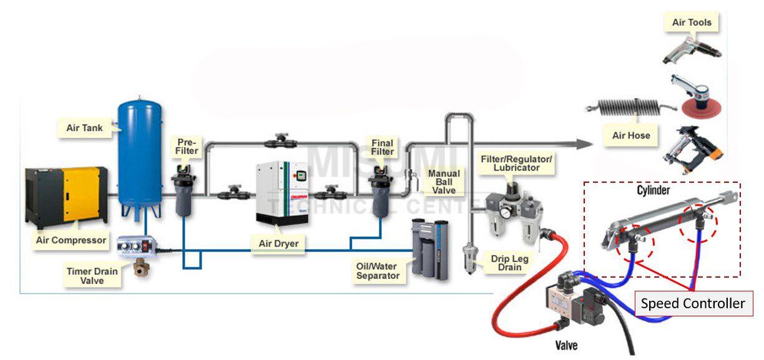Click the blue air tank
[141, 156]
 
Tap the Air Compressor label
[71, 240]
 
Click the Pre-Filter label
[187, 147]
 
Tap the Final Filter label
[383, 147]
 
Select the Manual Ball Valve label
[444, 182]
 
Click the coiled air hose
[631, 108]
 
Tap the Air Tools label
[691, 23]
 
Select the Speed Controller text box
[693, 304]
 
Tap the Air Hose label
[631, 135]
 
